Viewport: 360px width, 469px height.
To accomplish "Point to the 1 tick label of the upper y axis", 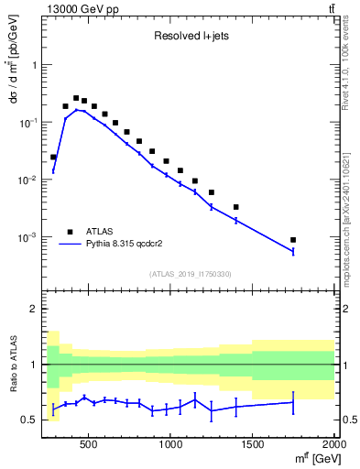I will point(31,65).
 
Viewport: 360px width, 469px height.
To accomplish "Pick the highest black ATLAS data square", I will point(76,98).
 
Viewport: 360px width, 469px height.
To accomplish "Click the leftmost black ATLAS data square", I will point(53,157).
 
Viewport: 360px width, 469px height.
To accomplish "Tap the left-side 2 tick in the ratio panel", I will point(32,309).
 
